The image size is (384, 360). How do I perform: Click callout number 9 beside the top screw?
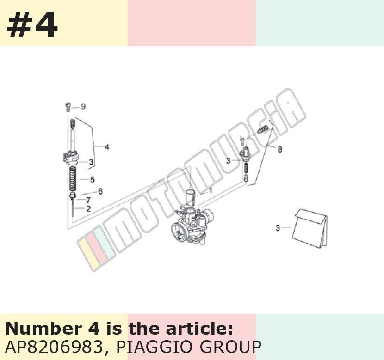pos(83,107)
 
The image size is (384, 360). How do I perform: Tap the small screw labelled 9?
pos(68,107)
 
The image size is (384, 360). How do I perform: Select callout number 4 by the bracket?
pos(107,147)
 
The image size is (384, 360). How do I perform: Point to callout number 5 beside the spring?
pos(92,179)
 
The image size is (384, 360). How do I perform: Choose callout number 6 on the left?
pos(100,191)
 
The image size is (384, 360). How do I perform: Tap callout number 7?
pos(88,200)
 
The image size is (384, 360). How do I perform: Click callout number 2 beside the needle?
pos(88,208)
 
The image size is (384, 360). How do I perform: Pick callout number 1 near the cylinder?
pos(211,190)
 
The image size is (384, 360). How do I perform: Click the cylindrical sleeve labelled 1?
pos(191,198)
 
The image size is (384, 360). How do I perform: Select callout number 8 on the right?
pos(280,149)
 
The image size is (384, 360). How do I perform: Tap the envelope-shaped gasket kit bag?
pos(310,229)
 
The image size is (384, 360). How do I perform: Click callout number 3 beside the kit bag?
pos(278,228)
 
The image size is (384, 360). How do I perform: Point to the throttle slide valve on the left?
pos(71,158)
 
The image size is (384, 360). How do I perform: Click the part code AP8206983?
pos(54,347)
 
